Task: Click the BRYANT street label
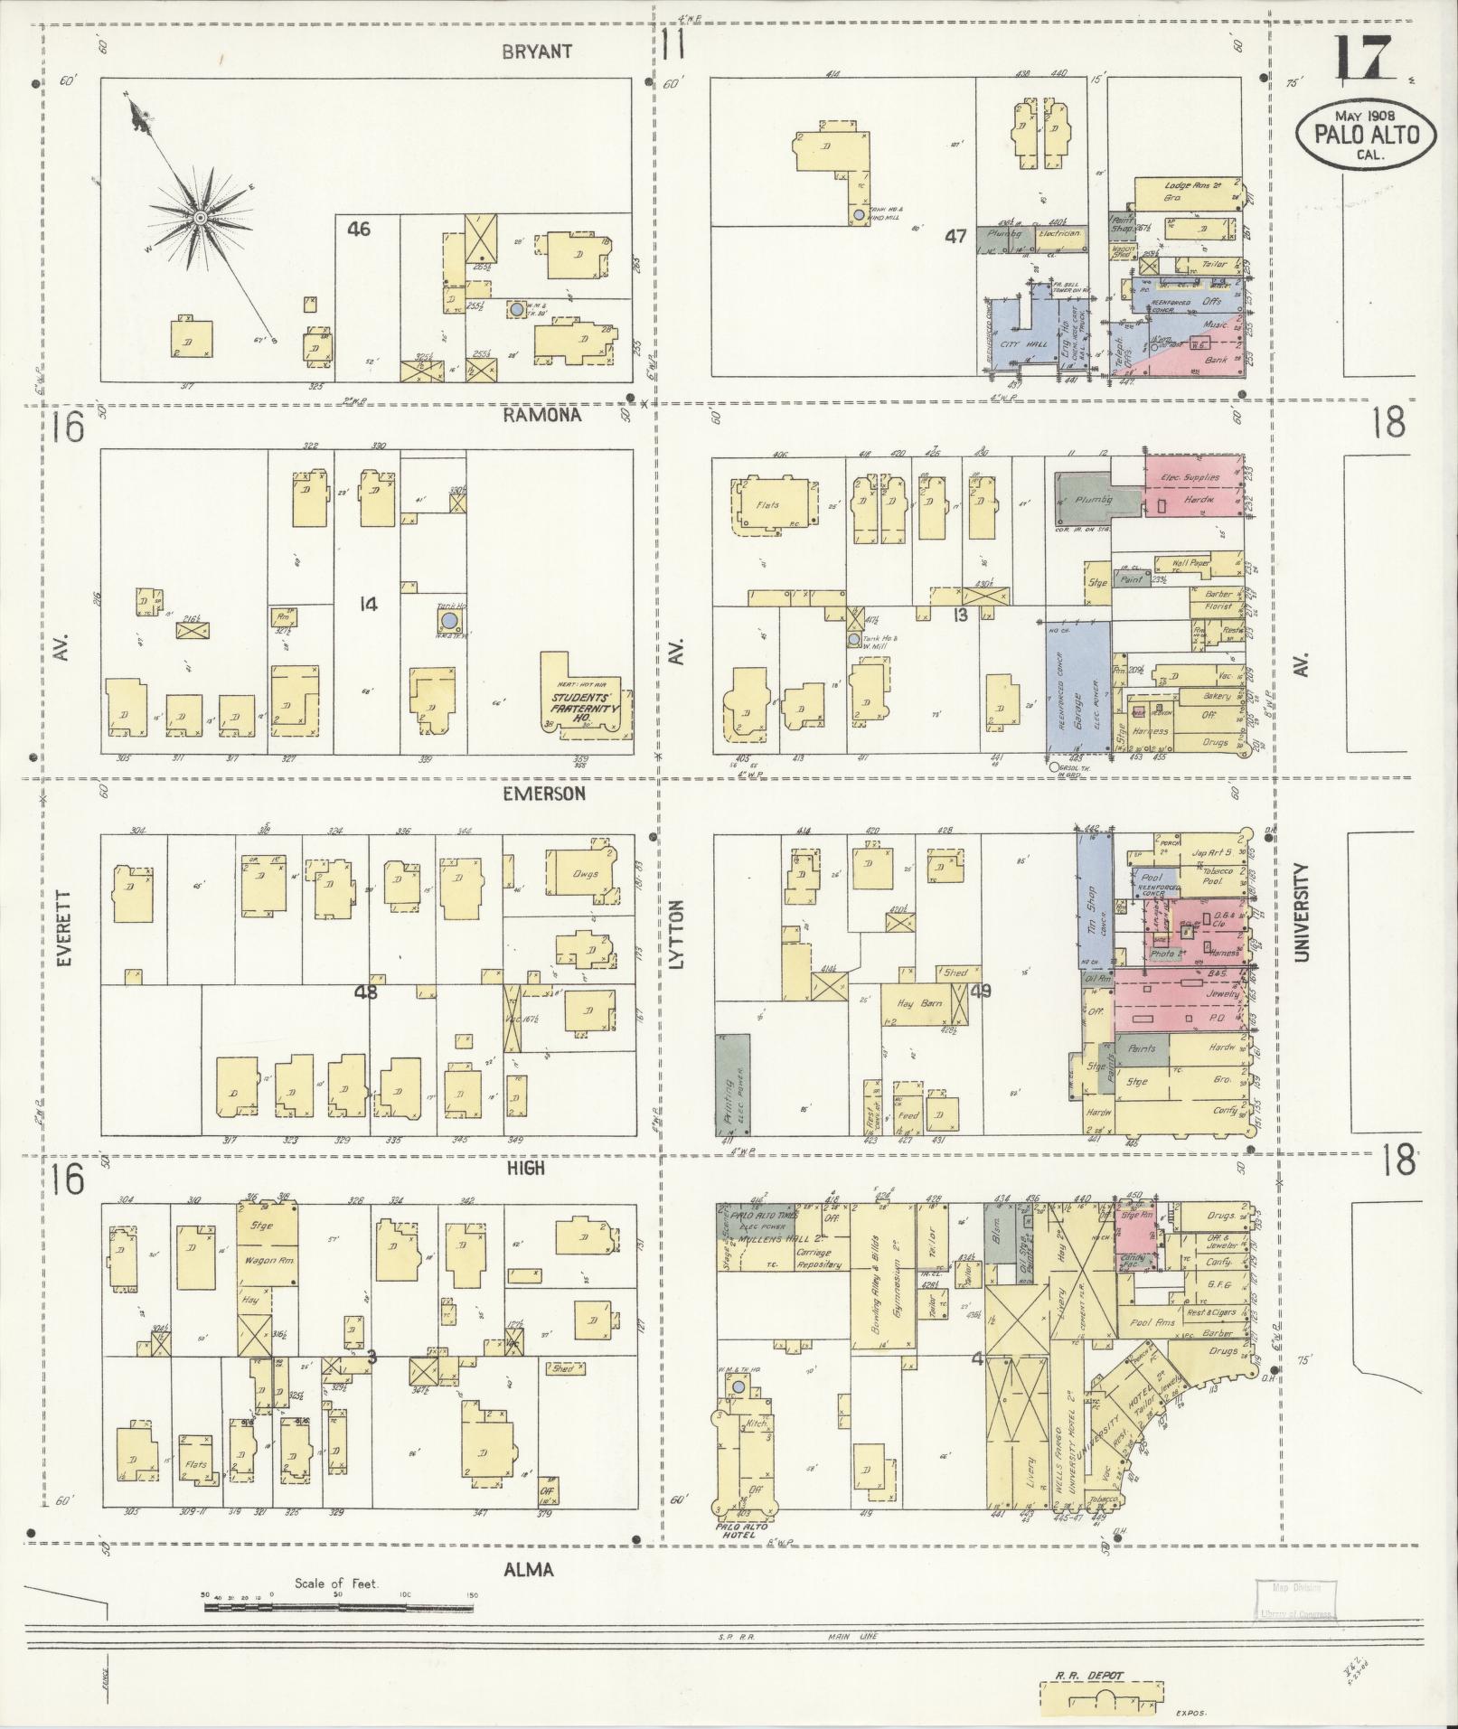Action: point(537,52)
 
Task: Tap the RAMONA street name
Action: point(542,415)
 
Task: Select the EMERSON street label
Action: point(544,793)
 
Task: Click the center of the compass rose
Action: point(200,218)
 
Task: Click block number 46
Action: point(359,229)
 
